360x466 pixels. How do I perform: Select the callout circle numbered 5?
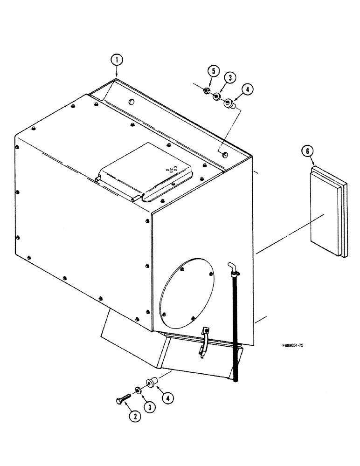[x=213, y=71]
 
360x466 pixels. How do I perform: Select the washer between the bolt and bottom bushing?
[x=138, y=391]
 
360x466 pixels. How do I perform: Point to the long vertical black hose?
[x=235, y=326]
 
